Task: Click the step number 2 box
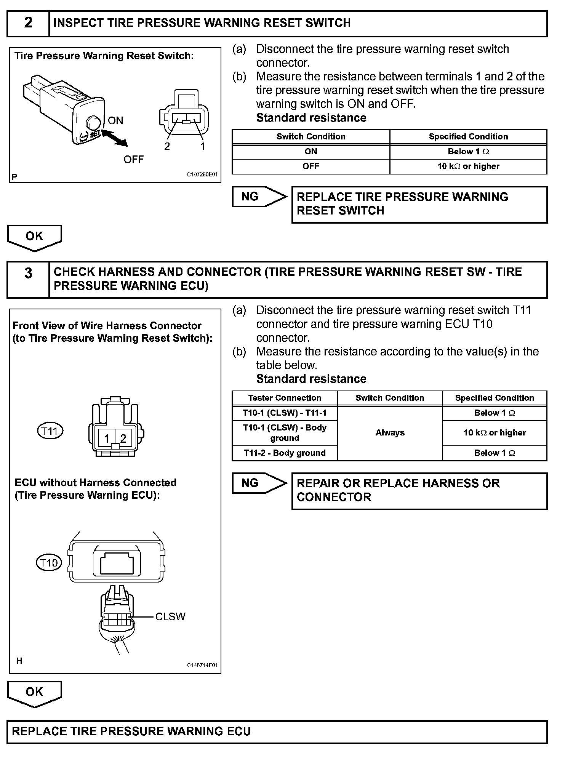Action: (28, 23)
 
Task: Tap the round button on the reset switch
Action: (93, 123)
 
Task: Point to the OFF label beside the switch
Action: (134, 160)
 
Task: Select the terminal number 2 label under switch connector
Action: (167, 146)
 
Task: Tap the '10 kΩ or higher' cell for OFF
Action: (468, 166)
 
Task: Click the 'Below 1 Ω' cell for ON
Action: (468, 152)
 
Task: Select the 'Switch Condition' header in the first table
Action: (311, 137)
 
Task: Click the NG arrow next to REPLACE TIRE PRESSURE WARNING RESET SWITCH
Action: (259, 197)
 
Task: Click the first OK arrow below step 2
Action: (34, 237)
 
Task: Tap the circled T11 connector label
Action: (50, 431)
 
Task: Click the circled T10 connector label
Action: (49, 563)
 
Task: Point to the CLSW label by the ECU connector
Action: (170, 616)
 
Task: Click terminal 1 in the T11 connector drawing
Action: (107, 439)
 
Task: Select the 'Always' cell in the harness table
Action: (390, 433)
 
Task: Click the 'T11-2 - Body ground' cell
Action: (285, 453)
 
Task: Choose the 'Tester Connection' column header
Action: (285, 398)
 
